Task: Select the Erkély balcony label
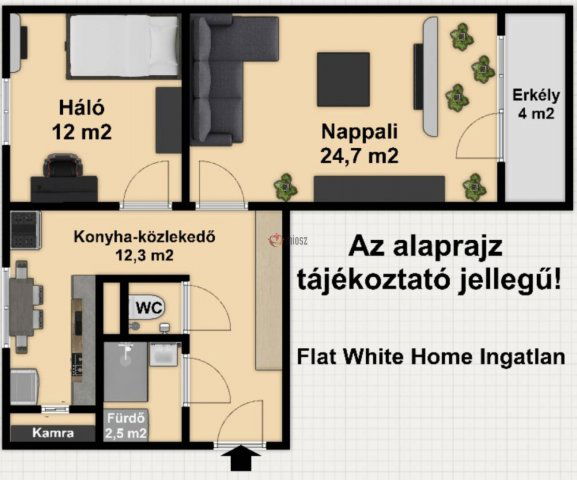tap(536, 96)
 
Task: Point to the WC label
tap(149, 306)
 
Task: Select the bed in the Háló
tap(122, 44)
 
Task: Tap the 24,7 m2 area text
tap(359, 155)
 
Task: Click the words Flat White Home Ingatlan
tap(436, 355)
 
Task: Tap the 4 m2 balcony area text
tap(536, 114)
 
